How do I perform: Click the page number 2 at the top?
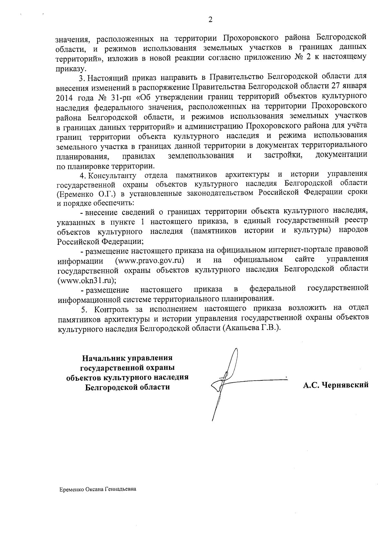[x=210, y=20]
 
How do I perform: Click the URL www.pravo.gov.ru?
[x=150, y=260]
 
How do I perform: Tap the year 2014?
[x=64, y=97]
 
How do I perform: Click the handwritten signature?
[x=226, y=381]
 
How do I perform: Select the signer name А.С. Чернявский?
[x=336, y=385]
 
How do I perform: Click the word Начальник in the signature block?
[x=104, y=358]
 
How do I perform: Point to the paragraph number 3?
[x=81, y=78]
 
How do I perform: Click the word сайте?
[x=305, y=260]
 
